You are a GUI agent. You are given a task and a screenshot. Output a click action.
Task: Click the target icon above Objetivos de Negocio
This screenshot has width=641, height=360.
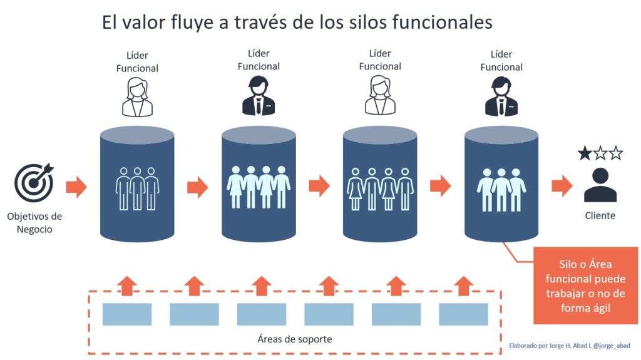[34, 182]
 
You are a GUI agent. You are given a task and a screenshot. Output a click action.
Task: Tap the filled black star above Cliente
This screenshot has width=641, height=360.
[585, 153]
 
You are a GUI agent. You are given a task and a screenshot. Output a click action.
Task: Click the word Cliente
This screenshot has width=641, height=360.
[600, 215]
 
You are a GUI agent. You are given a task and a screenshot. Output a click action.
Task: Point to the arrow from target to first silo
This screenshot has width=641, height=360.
[76, 187]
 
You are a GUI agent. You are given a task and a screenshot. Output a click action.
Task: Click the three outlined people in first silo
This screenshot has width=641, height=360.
[137, 187]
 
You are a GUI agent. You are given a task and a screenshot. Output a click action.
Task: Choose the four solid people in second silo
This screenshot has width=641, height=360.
[259, 187]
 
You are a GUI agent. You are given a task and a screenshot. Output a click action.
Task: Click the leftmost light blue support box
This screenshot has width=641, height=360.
[127, 314]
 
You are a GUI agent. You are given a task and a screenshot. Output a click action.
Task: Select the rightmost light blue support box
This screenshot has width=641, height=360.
[463, 314]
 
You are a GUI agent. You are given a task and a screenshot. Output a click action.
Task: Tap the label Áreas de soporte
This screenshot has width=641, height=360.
[294, 339]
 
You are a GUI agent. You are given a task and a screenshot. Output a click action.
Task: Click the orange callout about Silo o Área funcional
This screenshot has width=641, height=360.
[585, 285]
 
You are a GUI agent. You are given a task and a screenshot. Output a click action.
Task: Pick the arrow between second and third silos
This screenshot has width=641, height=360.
[319, 185]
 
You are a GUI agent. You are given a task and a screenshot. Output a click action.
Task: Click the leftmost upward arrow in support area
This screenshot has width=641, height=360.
[127, 285]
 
